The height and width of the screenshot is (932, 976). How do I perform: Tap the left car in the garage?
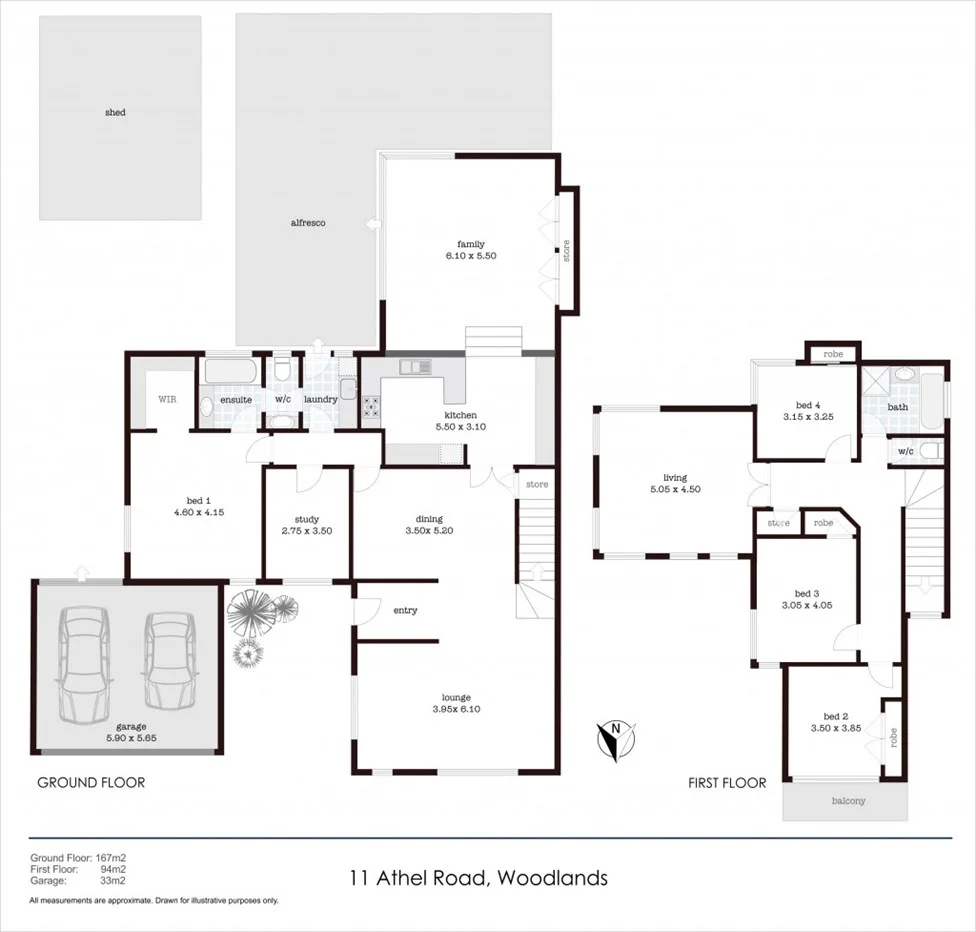click(84, 665)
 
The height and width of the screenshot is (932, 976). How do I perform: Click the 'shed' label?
click(115, 113)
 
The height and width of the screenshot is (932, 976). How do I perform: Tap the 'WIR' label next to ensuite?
click(166, 399)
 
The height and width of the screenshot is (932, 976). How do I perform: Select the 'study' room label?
click(306, 519)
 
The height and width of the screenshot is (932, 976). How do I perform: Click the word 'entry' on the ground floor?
click(405, 610)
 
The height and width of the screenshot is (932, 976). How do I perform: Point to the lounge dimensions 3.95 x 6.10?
click(457, 709)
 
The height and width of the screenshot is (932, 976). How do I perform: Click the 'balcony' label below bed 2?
click(847, 801)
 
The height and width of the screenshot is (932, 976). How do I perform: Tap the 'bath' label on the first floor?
click(897, 407)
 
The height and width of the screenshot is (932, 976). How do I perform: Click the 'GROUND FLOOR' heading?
click(91, 782)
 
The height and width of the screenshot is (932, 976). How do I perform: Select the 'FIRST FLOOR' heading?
click(726, 783)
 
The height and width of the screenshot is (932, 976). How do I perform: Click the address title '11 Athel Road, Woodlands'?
click(478, 879)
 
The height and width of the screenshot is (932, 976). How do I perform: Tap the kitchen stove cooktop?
click(372, 407)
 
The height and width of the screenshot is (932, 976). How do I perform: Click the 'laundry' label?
click(321, 400)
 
